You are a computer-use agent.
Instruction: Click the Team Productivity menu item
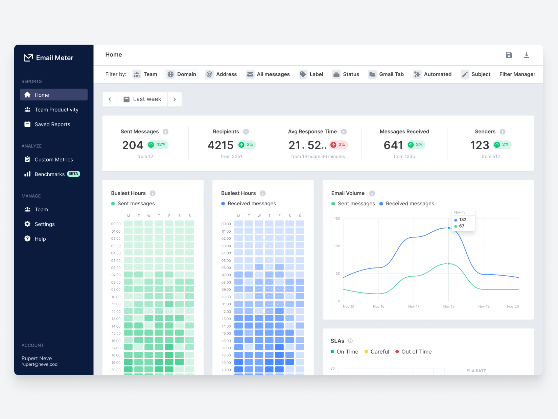(x=56, y=110)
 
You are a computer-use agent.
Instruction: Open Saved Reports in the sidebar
(x=52, y=124)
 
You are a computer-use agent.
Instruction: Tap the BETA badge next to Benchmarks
(x=73, y=174)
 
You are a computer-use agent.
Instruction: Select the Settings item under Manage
(x=44, y=224)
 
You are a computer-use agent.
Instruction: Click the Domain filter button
(x=182, y=74)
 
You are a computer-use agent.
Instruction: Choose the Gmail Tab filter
(x=386, y=74)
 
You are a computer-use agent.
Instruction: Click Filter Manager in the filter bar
(x=517, y=74)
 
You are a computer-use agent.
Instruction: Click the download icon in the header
(x=527, y=55)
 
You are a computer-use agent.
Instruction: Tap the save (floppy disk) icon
(x=509, y=55)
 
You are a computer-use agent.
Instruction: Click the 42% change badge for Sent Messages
(x=158, y=145)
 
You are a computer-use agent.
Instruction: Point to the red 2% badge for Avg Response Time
(x=338, y=145)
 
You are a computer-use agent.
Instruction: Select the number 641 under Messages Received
(x=393, y=145)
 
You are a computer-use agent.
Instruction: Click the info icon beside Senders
(x=503, y=132)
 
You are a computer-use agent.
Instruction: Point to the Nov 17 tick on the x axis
(x=414, y=306)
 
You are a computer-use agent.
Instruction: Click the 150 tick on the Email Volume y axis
(x=337, y=218)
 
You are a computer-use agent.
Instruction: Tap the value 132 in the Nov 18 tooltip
(x=463, y=220)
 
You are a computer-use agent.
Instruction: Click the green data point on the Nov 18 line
(x=449, y=263)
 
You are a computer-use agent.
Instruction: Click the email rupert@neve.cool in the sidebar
(x=40, y=365)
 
